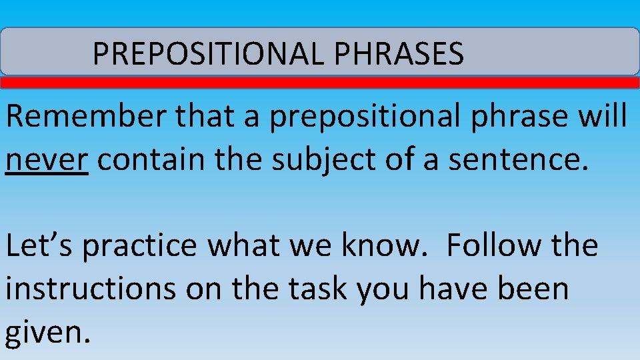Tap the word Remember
(x=87, y=117)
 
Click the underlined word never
(x=47, y=161)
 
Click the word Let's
(x=39, y=246)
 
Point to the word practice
(x=141, y=246)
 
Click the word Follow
(x=491, y=246)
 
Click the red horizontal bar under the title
(x=320, y=83)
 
